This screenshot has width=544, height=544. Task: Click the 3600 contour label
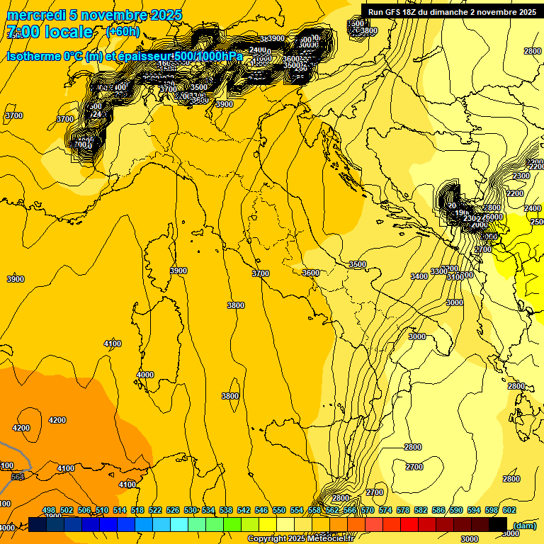[310, 273]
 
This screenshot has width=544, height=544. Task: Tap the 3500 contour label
[358, 264]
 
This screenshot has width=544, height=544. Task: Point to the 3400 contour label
[419, 276]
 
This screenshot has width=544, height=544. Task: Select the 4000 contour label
[144, 375]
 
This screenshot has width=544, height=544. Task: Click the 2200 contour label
[515, 193]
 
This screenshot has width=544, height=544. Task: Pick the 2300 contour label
[521, 176]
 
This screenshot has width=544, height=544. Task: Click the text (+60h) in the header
[123, 32]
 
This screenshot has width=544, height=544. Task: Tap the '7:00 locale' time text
[50, 32]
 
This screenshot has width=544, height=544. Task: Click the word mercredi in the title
[32, 15]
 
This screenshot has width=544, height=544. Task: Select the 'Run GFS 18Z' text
[397, 12]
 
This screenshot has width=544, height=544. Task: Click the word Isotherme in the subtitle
[33, 57]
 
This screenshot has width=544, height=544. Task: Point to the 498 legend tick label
[49, 510]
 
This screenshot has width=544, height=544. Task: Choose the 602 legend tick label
[509, 510]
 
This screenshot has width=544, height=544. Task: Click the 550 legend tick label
[279, 510]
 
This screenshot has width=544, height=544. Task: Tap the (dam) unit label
[523, 525]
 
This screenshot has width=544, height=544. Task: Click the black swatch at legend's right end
[497, 524]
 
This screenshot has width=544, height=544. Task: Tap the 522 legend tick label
[155, 510]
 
